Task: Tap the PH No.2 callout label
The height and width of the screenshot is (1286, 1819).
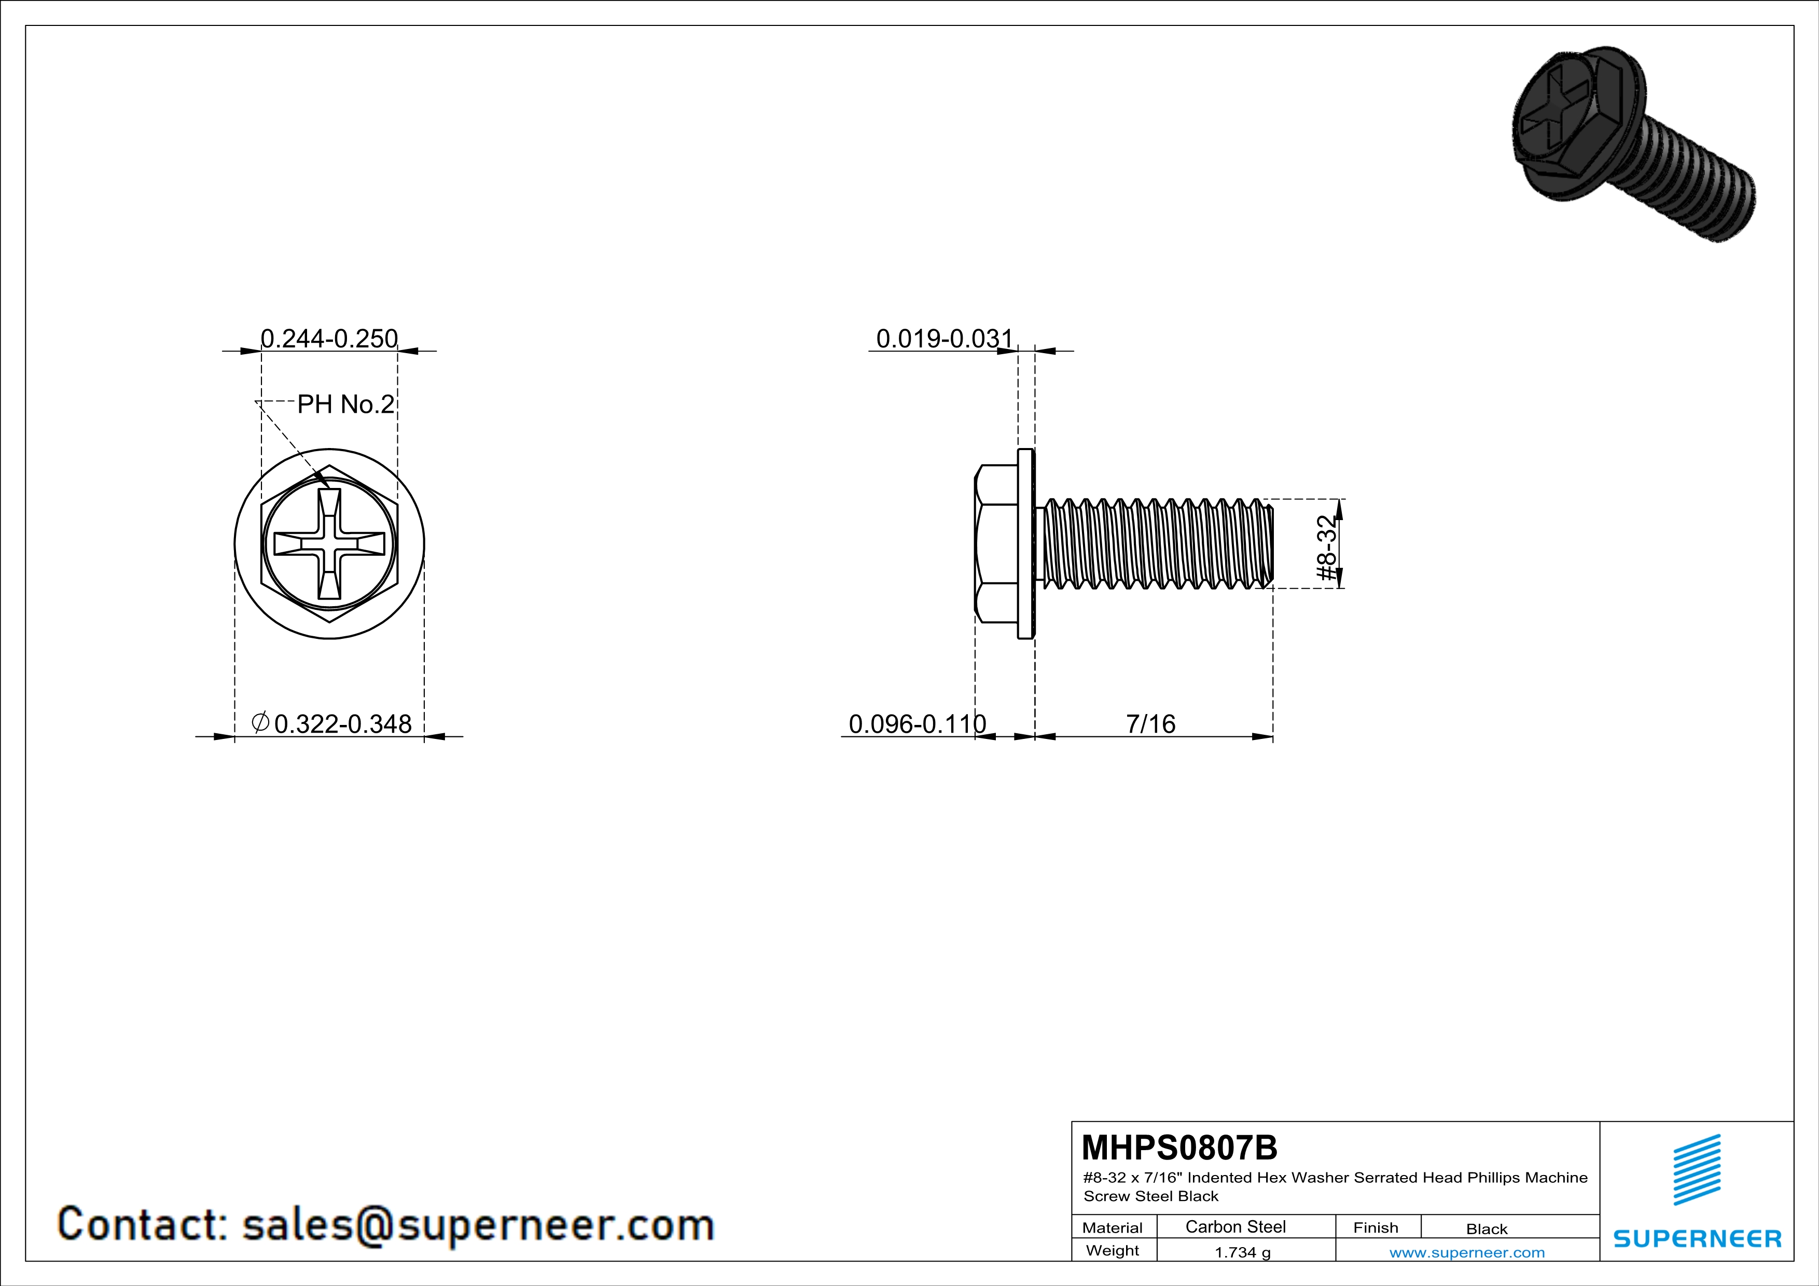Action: [x=345, y=404]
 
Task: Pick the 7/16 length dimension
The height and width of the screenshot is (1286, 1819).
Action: [x=1150, y=724]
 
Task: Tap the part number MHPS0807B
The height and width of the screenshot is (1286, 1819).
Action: [x=1179, y=1148]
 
